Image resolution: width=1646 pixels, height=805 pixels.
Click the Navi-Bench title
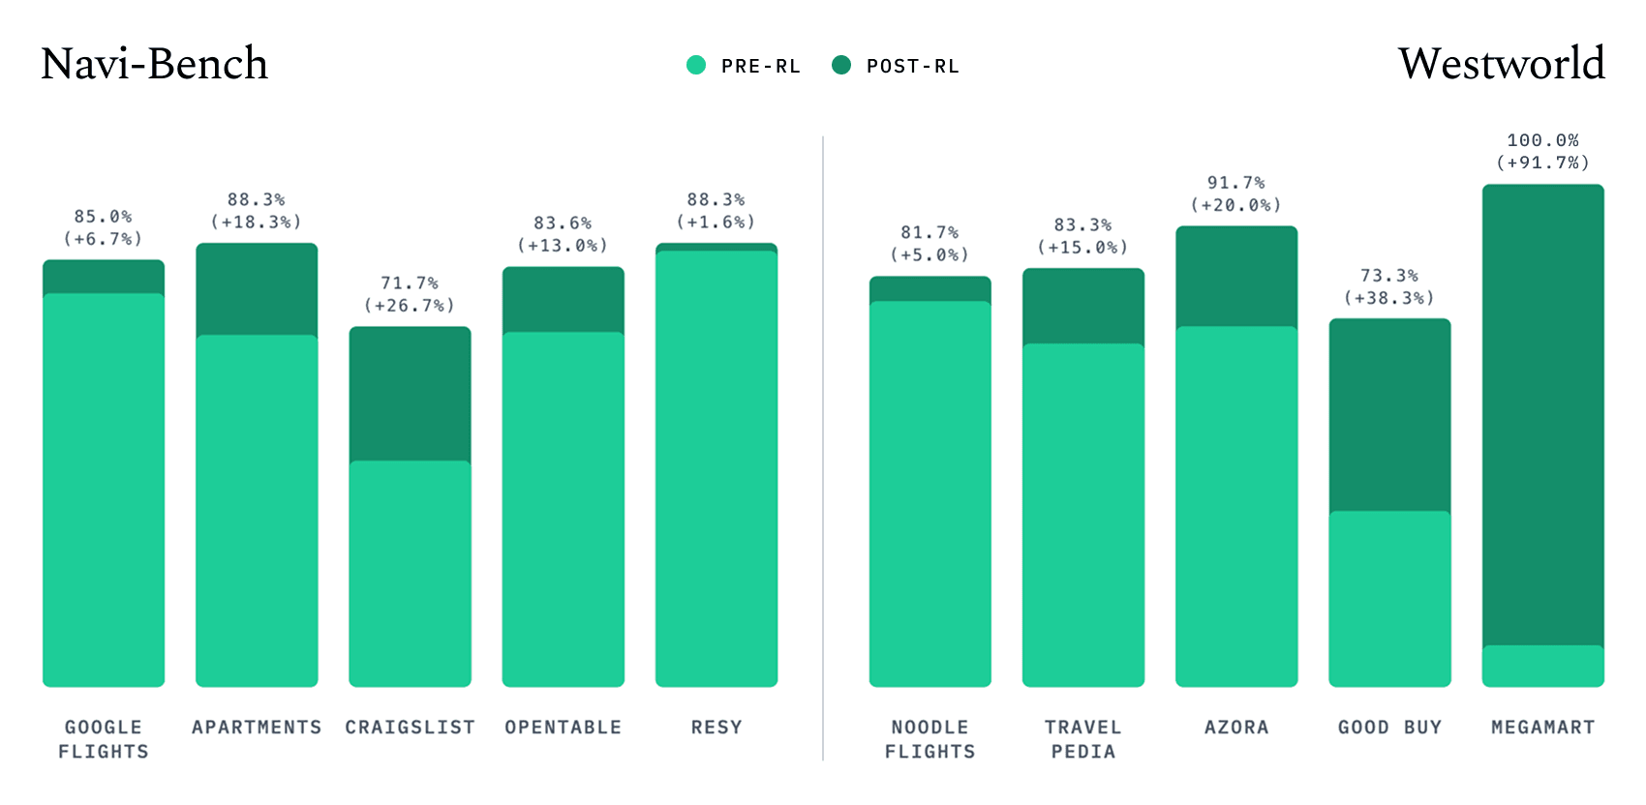tap(154, 64)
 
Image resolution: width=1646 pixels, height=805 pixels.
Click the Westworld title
tap(1501, 64)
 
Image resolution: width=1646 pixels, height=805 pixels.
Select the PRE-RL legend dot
tap(696, 65)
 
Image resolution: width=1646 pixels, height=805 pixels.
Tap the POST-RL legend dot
tap(841, 65)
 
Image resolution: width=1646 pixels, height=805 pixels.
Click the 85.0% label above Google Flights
tap(103, 217)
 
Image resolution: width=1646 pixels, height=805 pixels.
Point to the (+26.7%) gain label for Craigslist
tap(410, 306)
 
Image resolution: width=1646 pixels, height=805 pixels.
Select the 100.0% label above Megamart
tap(1542, 141)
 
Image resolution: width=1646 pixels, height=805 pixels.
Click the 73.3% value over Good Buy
tap(1389, 276)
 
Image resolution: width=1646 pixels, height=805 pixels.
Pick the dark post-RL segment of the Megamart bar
tap(1542, 416)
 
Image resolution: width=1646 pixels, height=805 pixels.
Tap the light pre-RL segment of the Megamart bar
tap(1542, 666)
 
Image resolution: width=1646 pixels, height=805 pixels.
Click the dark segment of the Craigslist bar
tap(410, 395)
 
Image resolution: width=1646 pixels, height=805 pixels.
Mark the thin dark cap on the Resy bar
tap(716, 248)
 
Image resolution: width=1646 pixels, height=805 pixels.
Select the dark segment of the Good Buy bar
tap(1389, 416)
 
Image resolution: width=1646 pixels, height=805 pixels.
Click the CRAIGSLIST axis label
tap(410, 728)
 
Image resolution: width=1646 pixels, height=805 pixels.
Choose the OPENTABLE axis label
tap(563, 728)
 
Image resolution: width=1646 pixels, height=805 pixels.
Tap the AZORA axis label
tap(1236, 728)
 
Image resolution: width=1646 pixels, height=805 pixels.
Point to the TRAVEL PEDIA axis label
tap(1083, 739)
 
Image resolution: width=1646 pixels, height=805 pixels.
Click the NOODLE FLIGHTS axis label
tap(930, 739)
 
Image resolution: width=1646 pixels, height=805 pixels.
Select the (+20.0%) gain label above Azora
tap(1236, 205)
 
